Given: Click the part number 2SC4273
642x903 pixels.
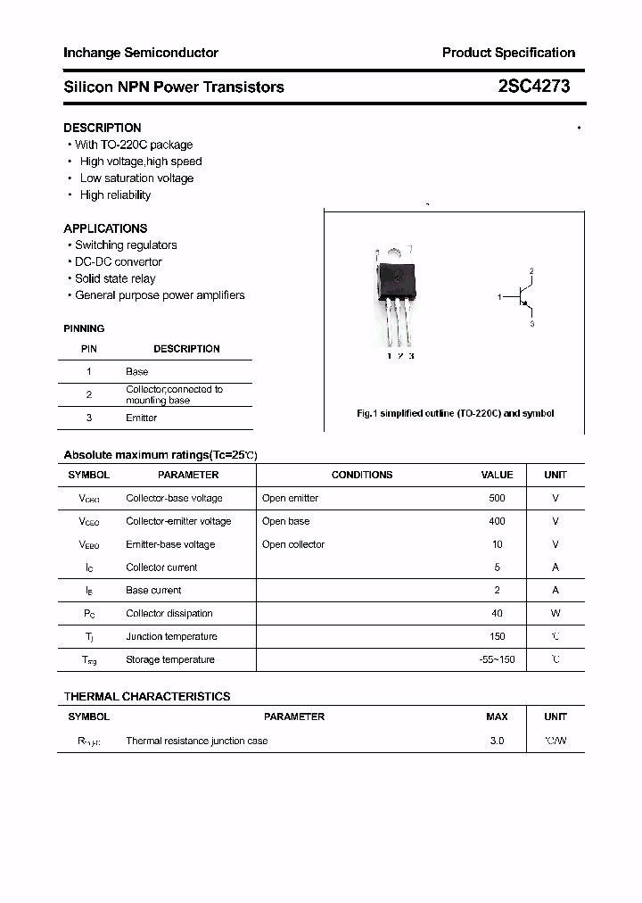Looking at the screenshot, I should click(533, 87).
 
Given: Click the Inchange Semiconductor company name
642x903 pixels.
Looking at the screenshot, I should click(141, 53).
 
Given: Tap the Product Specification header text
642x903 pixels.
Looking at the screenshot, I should click(508, 53).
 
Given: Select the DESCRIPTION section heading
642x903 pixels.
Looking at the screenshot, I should click(103, 128).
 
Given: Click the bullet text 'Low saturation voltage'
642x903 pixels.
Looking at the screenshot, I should click(136, 178).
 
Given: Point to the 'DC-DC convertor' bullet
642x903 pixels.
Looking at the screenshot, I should click(119, 261).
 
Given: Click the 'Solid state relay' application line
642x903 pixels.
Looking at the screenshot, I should click(115, 278).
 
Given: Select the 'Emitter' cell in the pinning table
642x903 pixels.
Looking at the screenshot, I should click(141, 418).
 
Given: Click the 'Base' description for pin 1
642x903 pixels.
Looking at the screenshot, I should click(137, 371).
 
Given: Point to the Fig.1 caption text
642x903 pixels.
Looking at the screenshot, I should click(455, 413).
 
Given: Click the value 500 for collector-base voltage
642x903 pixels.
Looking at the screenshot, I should click(497, 498).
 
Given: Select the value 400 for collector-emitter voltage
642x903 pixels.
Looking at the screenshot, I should click(497, 521).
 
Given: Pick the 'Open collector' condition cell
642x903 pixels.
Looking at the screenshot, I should click(293, 544).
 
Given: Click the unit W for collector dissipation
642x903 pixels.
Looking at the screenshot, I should click(556, 613).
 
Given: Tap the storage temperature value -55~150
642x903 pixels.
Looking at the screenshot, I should click(497, 659).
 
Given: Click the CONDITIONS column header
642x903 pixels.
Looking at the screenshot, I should click(362, 475).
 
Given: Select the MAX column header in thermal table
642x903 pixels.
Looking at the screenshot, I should click(497, 717).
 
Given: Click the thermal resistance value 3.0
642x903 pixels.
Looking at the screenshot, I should click(497, 741).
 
